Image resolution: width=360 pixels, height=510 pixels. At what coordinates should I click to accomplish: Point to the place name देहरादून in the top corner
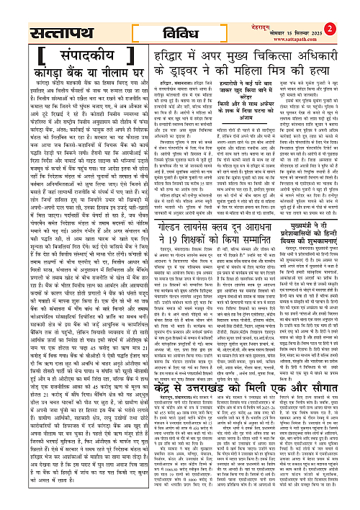point(334,5)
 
